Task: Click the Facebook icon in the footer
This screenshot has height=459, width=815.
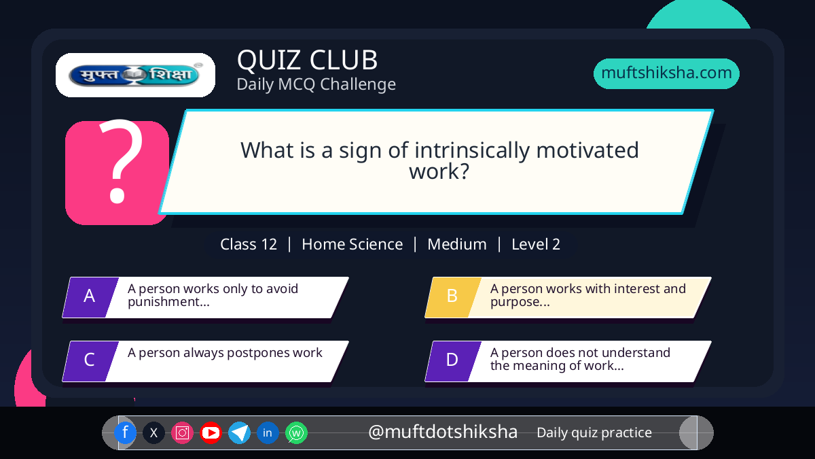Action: (125, 432)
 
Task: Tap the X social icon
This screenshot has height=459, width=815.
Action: (153, 432)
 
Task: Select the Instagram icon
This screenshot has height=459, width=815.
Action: (182, 432)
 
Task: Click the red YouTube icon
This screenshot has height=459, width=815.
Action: (211, 432)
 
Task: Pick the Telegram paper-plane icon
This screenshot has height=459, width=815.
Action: (239, 432)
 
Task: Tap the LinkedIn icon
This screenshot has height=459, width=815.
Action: (268, 432)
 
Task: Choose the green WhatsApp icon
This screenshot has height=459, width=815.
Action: (296, 432)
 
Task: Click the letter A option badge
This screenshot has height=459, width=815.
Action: (90, 297)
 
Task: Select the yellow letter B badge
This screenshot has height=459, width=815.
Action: (453, 297)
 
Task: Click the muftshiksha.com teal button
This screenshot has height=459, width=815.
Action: (666, 73)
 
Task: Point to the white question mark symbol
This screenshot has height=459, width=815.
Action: (121, 161)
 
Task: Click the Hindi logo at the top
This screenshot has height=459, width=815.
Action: (135, 75)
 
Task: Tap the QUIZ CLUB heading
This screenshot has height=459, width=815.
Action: (307, 60)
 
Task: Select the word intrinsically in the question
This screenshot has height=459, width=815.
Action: (472, 150)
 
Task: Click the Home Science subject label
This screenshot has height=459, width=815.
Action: (352, 244)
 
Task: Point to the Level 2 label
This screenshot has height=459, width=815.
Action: (536, 244)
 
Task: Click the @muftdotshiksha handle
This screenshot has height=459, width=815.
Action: (442, 432)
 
